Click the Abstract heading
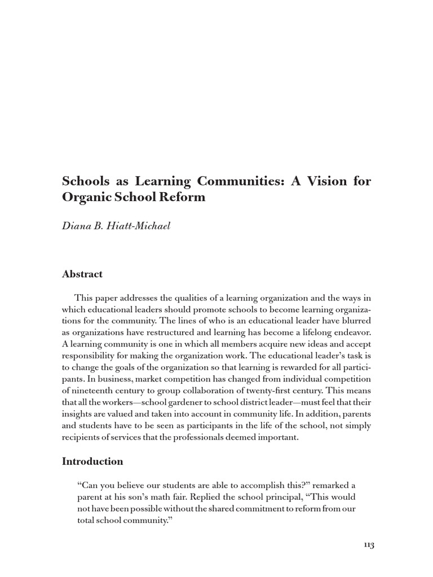point(82,274)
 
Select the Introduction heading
point(92,461)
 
